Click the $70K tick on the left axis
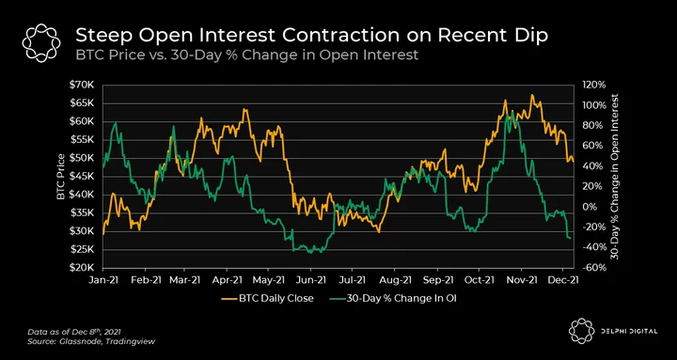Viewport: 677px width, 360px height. point(82,85)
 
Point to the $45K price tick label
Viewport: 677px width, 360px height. point(82,176)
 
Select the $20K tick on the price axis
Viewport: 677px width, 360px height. point(82,268)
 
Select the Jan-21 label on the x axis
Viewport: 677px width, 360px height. point(103,280)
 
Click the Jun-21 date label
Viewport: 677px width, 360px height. point(310,280)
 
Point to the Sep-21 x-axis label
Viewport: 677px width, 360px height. point(438,280)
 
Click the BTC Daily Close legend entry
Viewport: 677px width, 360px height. point(267,298)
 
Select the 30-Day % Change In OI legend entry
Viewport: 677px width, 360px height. point(391,298)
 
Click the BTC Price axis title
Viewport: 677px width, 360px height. point(61,176)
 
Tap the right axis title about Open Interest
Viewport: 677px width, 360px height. point(615,176)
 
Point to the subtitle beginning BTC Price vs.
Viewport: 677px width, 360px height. point(247,55)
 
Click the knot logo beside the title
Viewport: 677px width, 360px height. point(41,43)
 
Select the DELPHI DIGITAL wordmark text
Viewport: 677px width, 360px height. point(629,331)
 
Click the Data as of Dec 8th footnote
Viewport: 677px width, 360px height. point(74,332)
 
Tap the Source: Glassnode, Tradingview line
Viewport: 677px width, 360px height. point(91,341)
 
